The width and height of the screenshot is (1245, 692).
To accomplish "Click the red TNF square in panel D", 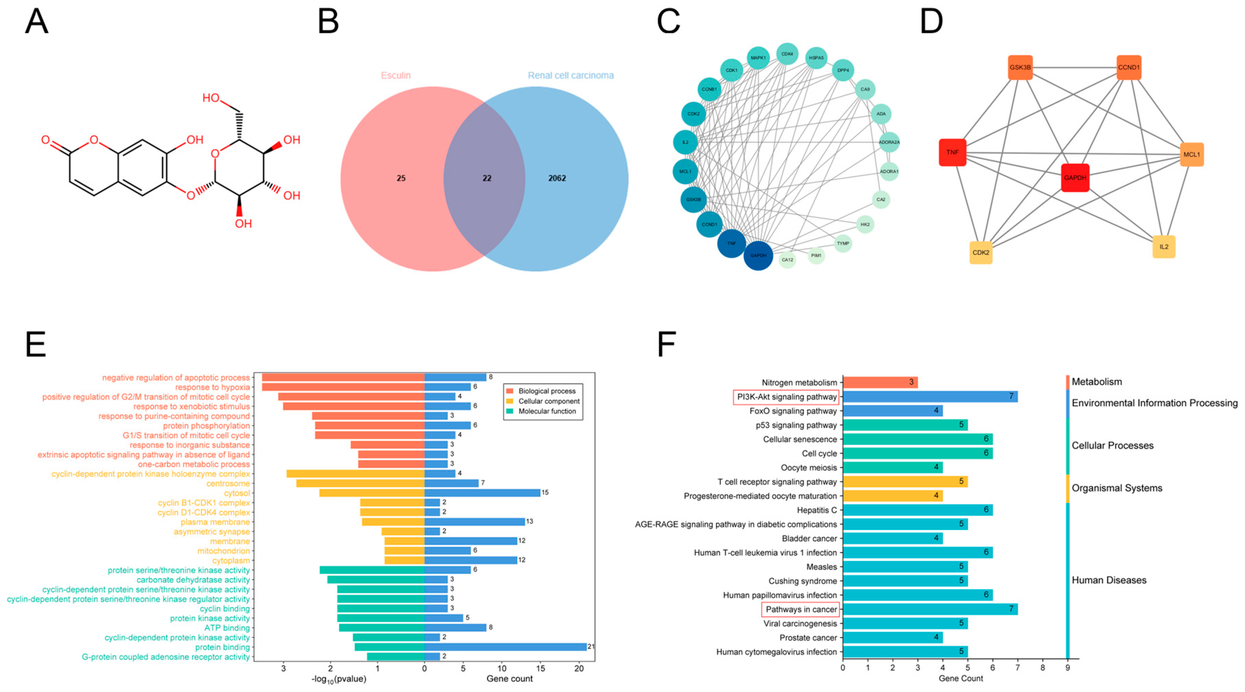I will click(952, 152).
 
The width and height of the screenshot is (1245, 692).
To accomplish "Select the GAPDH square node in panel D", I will click(1075, 177).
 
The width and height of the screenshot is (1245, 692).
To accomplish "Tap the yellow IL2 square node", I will click(1163, 246).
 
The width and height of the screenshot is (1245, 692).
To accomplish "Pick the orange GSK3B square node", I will click(1020, 67).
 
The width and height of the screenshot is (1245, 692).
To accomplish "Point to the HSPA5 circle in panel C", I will click(816, 58).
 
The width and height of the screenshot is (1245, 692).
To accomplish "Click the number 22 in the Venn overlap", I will click(487, 178).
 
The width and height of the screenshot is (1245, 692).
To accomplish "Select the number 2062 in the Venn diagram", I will click(557, 178).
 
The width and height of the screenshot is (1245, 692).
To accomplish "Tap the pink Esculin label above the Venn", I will click(395, 76).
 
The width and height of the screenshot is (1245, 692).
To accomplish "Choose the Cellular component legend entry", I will click(549, 401).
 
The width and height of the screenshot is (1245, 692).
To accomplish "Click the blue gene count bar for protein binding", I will click(505, 647).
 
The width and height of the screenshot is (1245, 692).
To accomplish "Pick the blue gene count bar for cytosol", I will click(482, 493).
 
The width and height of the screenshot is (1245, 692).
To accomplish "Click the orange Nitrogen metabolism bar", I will click(880, 382).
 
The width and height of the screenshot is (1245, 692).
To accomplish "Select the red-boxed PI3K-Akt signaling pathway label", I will click(786, 397).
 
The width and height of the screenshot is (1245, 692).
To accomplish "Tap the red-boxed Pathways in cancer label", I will click(800, 609).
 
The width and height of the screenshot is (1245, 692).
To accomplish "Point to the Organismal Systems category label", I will click(1116, 488).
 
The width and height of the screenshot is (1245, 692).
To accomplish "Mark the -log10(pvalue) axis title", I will click(338, 679).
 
